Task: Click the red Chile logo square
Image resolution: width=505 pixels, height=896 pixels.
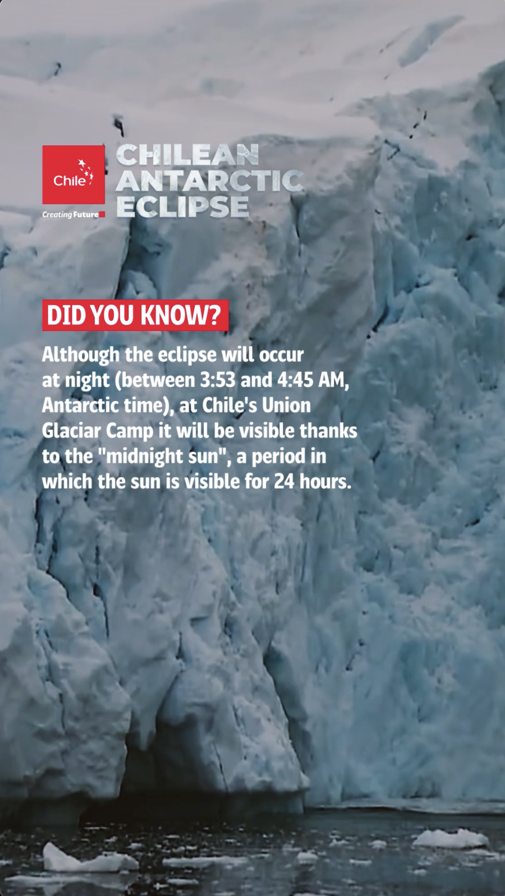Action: point(74,174)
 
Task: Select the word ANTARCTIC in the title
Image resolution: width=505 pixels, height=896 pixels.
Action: point(210,181)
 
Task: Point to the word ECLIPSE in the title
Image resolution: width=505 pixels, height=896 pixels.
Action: point(182,206)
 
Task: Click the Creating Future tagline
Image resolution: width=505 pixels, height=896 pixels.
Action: point(71,215)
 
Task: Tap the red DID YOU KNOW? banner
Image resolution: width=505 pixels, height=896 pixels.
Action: point(135,315)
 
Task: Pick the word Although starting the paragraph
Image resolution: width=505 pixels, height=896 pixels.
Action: point(80,355)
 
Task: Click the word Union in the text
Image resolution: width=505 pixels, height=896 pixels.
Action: point(286,405)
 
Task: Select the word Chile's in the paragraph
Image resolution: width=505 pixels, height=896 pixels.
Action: point(229,405)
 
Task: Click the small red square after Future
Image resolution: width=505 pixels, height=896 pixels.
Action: point(102,214)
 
